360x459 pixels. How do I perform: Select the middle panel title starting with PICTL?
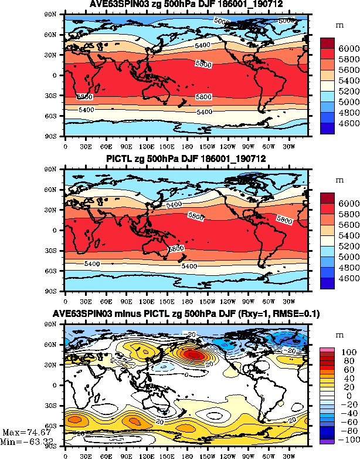tap(186, 160)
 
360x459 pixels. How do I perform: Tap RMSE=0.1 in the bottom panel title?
tap(297, 315)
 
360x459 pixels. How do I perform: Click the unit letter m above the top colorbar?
tap(339, 25)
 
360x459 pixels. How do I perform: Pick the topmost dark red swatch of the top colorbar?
tap(327, 43)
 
